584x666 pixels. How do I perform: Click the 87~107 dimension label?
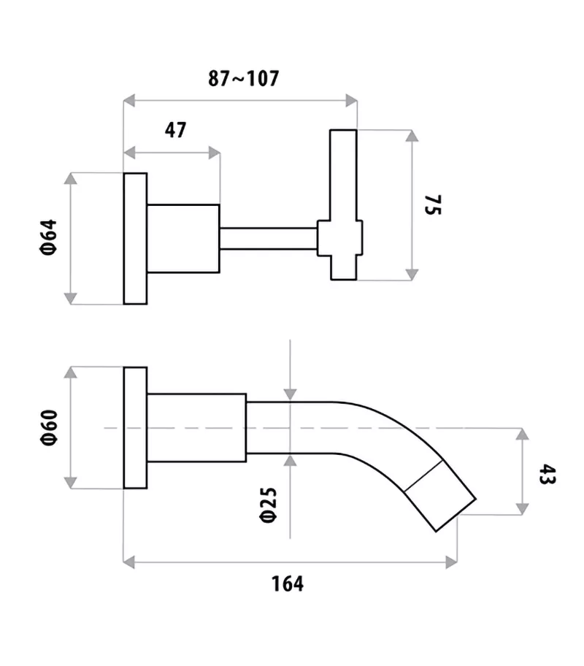pos(243,79)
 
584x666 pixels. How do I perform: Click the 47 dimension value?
pos(175,131)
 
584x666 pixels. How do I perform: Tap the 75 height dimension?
pos(434,206)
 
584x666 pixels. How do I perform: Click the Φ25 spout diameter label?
pos(268,505)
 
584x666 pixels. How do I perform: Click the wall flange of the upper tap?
pos(135,238)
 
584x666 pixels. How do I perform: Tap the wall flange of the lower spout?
pos(135,427)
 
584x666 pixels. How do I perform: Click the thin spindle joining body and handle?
pos(268,238)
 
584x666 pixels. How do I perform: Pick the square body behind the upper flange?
pos(183,238)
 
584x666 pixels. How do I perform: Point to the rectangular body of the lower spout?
pos(196,427)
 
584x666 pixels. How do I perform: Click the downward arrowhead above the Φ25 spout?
pos(291,395)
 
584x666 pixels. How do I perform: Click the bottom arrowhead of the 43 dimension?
pos(522,509)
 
